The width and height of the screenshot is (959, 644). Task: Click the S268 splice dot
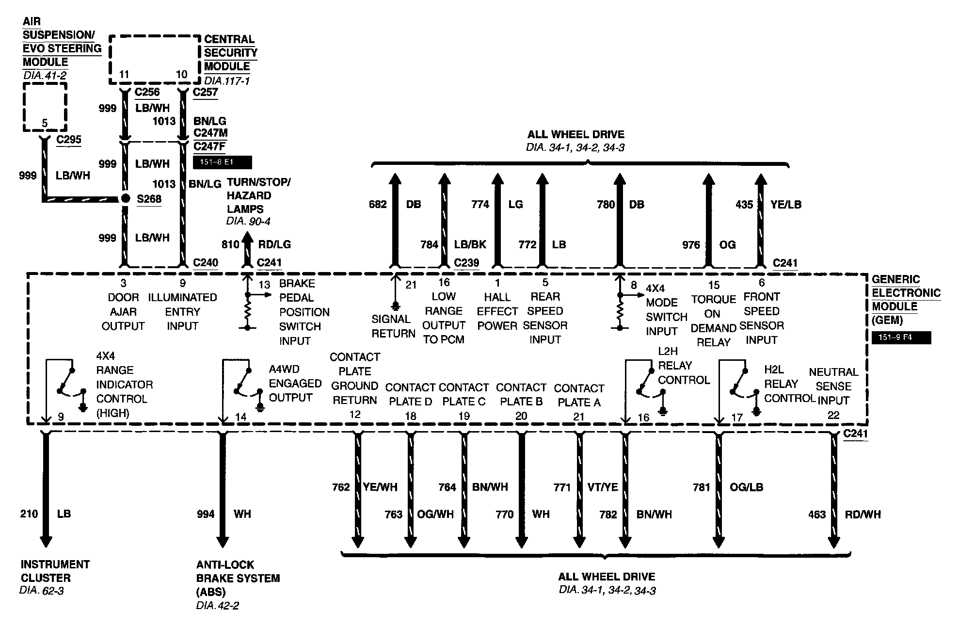coord(126,198)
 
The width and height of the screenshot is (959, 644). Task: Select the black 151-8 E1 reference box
coord(222,162)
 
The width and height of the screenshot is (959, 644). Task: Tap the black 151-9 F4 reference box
coord(901,337)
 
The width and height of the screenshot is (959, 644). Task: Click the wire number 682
coord(378,205)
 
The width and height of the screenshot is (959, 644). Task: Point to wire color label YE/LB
coord(786,205)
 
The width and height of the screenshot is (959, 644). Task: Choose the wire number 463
coord(817,515)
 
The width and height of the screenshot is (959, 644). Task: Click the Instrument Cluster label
coord(55,571)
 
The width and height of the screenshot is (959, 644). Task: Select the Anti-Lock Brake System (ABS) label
coord(238,578)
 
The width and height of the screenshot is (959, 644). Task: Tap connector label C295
coord(69,140)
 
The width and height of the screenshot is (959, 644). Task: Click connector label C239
coord(466,263)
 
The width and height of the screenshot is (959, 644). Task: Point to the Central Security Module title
coord(230,53)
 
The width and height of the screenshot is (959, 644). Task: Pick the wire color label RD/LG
coord(274,244)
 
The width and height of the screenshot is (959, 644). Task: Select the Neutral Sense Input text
coord(833,386)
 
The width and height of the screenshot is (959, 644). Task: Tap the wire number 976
coord(691,245)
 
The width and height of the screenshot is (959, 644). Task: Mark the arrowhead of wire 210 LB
coord(46,541)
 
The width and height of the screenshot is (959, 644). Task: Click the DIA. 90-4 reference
coord(248,222)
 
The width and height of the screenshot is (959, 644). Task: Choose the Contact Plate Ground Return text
coord(354,379)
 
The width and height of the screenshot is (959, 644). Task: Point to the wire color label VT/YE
coord(602,487)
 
